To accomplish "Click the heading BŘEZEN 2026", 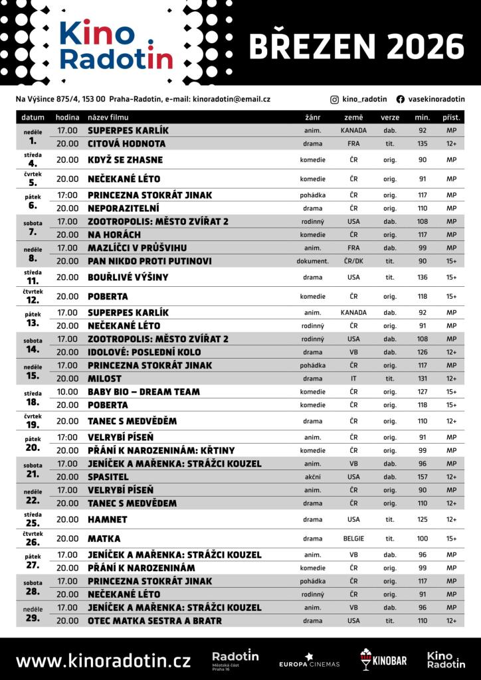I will [356, 47].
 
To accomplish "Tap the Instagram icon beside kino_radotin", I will [334, 99].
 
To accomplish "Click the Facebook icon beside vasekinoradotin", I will [400, 99].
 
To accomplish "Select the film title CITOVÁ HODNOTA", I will [126, 143].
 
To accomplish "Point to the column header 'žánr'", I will [312, 118].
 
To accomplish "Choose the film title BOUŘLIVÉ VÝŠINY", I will [128, 277].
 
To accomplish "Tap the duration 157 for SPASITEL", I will [423, 477].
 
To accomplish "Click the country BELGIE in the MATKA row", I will [353, 539].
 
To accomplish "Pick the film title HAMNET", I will [107, 519].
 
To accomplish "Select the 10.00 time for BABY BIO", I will [67, 392].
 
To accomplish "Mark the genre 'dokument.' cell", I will [312, 261].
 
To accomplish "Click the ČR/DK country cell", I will [353, 261].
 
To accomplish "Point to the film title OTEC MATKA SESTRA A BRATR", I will [155, 621].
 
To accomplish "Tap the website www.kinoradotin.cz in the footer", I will [103, 661].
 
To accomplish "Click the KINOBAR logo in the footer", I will [383, 659].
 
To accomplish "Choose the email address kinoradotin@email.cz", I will [231, 99].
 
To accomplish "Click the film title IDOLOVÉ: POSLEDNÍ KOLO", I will [144, 352].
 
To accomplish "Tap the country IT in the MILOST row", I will [353, 379].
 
